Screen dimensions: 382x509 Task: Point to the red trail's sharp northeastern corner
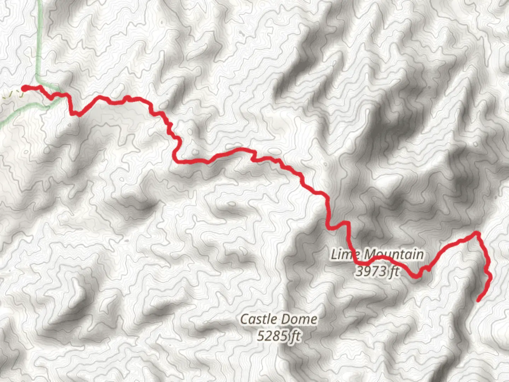(477, 233)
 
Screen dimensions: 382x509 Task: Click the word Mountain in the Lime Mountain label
(393, 254)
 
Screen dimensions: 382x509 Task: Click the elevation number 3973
(371, 272)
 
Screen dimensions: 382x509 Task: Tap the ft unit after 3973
(394, 272)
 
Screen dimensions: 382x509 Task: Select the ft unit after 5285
(296, 336)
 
